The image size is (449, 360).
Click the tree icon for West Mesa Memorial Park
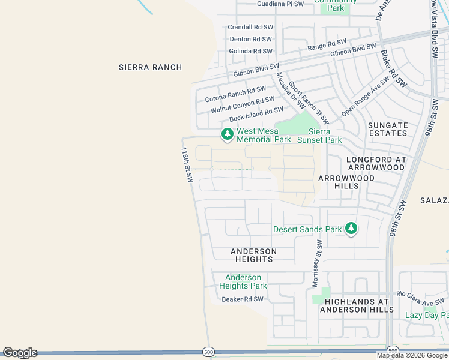(227, 134)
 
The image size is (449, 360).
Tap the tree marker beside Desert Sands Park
(351, 229)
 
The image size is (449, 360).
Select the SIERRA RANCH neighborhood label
(150, 67)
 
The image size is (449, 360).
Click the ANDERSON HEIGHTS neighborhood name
(254, 255)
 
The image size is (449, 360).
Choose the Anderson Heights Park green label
(243, 281)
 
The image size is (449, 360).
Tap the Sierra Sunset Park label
(325, 136)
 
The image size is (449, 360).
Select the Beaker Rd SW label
(243, 299)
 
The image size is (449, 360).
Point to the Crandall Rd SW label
(250, 28)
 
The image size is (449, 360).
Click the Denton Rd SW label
(251, 40)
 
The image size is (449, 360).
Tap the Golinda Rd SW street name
(250, 52)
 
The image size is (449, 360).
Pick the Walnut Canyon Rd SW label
(243, 105)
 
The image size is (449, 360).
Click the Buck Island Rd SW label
(256, 114)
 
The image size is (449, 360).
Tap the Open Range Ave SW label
(366, 97)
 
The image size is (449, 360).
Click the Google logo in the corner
(20, 353)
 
